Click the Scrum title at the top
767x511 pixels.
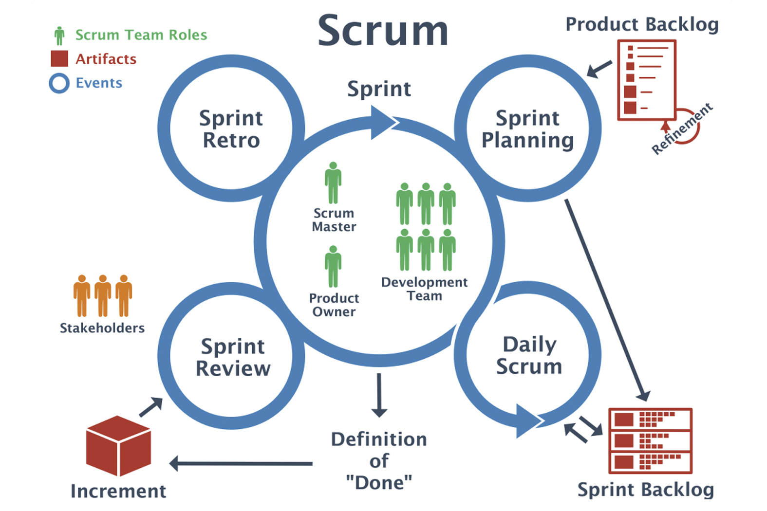[383, 31]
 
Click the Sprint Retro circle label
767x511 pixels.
[231, 129]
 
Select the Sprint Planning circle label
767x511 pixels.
[528, 129]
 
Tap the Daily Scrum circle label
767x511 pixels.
[529, 355]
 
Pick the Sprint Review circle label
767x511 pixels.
[233, 357]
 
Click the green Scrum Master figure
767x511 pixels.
[333, 183]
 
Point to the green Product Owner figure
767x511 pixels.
[333, 267]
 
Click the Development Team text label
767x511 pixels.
[424, 289]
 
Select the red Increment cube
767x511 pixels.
[118, 445]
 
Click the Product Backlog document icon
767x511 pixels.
[647, 80]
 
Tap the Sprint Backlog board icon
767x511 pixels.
[650, 440]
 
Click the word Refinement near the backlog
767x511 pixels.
[682, 128]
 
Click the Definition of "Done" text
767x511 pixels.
[379, 460]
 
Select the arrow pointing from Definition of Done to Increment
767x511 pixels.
[241, 463]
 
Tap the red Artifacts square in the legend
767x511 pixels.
[59, 59]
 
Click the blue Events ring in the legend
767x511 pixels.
[59, 83]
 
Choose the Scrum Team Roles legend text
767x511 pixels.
[141, 35]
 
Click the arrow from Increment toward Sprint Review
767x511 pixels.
[150, 407]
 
